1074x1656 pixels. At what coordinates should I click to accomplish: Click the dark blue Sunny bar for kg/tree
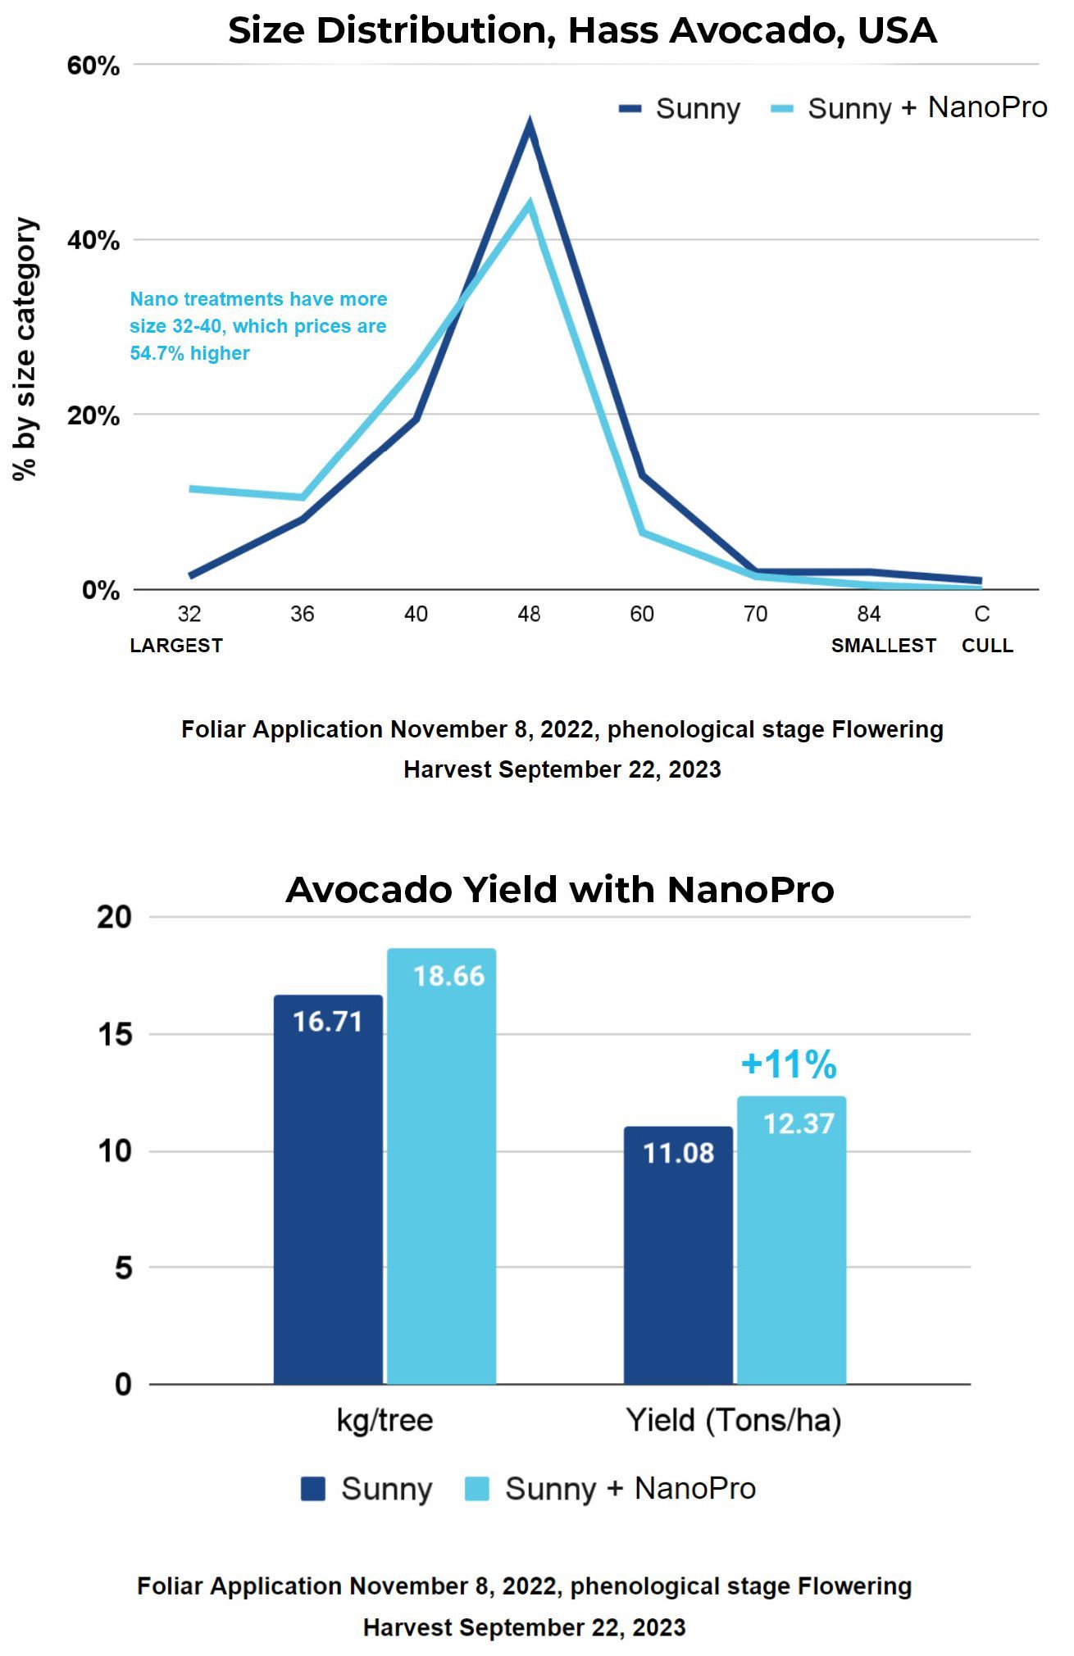328,1189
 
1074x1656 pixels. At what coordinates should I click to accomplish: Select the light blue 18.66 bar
441,1166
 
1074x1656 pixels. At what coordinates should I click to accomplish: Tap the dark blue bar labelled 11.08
678,1255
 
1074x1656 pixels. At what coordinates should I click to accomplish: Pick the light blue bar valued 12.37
791,1240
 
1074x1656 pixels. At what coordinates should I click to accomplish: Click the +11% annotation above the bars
789,1064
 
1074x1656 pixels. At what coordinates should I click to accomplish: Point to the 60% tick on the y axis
93,66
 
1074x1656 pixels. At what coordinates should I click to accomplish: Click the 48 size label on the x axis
529,614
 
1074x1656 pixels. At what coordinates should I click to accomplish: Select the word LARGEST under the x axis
176,646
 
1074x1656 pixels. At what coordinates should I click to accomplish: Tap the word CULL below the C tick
987,646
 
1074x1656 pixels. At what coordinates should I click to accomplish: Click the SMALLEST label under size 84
884,646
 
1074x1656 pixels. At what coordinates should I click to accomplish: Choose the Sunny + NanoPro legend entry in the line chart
910,108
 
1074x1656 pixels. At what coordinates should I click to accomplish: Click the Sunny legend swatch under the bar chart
313,1488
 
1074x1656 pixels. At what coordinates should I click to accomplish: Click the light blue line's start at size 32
190,489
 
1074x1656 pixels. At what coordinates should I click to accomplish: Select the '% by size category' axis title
25,348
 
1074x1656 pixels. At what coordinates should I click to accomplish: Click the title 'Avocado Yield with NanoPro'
560,889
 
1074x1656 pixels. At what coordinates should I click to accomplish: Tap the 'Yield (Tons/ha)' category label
734,1420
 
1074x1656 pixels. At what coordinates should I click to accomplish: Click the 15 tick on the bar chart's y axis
115,1034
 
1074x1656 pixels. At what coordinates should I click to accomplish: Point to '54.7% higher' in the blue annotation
189,353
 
